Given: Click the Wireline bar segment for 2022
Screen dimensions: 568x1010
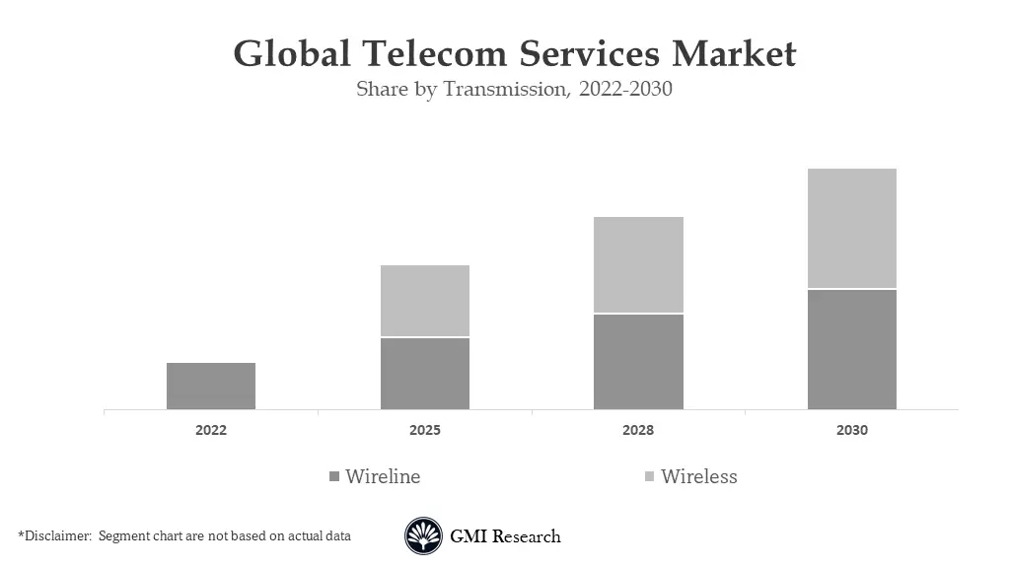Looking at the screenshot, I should pos(211,386).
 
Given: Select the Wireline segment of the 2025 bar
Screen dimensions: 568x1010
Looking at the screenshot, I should pos(425,374).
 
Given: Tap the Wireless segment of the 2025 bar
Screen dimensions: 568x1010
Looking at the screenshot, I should pos(425,301).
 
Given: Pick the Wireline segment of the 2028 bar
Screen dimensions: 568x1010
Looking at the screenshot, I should pos(638,362).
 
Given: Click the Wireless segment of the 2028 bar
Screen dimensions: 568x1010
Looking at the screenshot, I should pos(638,264).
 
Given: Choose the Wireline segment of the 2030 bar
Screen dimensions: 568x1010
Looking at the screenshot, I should pos(852,349).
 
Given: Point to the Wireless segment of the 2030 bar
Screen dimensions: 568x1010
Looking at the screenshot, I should pos(852,228).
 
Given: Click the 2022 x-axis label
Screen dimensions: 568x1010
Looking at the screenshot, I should pos(211,431).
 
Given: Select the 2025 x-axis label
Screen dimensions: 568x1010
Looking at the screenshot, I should pos(425,431).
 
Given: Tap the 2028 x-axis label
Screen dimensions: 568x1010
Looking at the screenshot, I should pos(638,431).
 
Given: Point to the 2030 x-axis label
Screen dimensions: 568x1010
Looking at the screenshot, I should pos(852,431).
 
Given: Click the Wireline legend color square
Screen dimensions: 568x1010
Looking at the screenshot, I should pos(334,477).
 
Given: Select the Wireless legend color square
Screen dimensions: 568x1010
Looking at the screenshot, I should pos(649,477).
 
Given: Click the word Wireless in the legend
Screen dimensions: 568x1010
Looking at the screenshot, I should pos(698,476).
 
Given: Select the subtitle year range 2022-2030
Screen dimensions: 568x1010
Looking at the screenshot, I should pos(625,89).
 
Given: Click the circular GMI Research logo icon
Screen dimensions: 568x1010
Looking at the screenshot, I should pos(423,536).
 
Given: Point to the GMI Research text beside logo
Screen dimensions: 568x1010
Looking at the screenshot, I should pos(505,536).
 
